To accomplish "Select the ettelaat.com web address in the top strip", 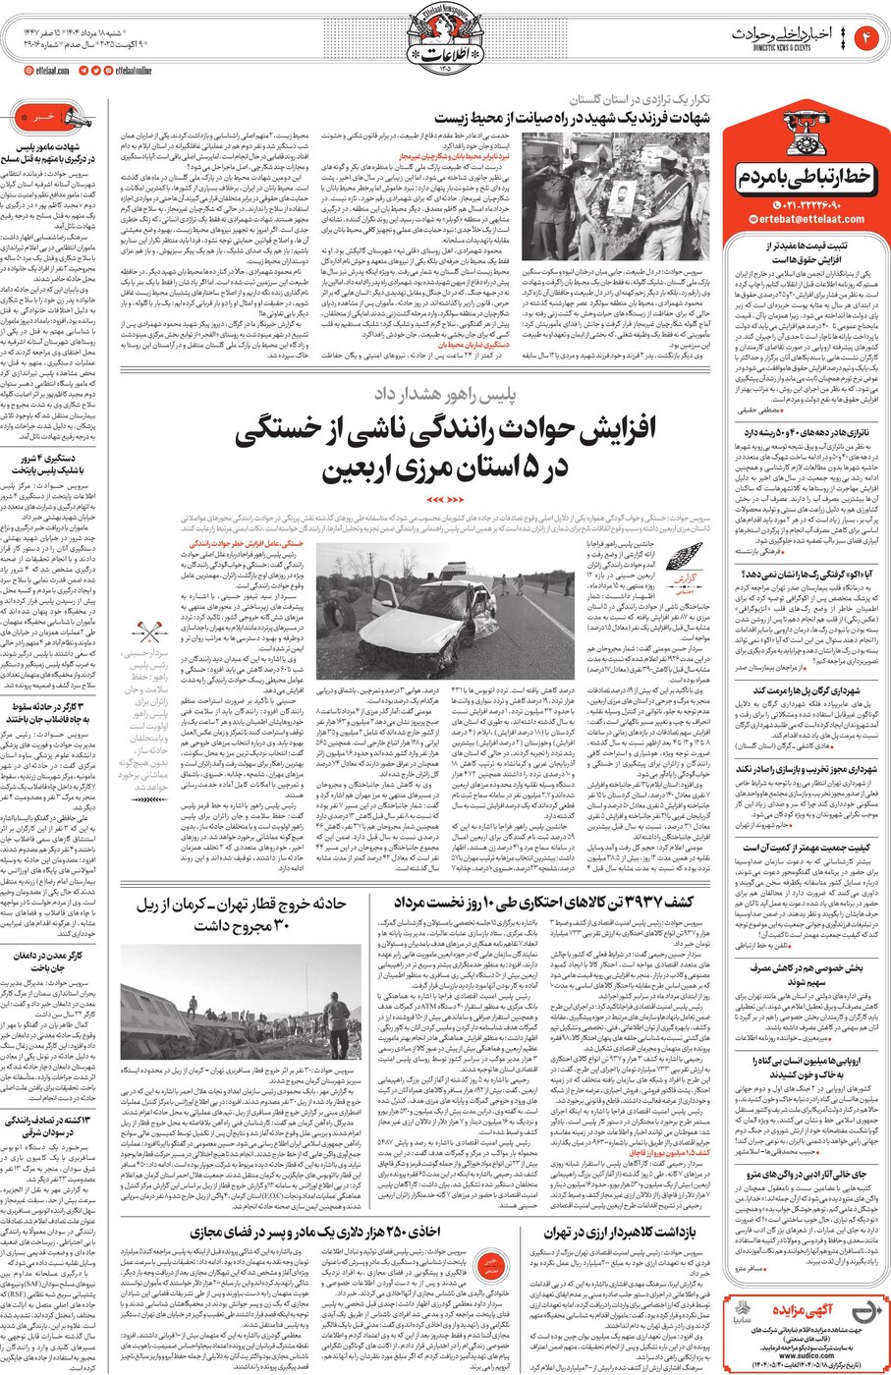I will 47,71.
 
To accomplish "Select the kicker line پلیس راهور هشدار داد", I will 444,395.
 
